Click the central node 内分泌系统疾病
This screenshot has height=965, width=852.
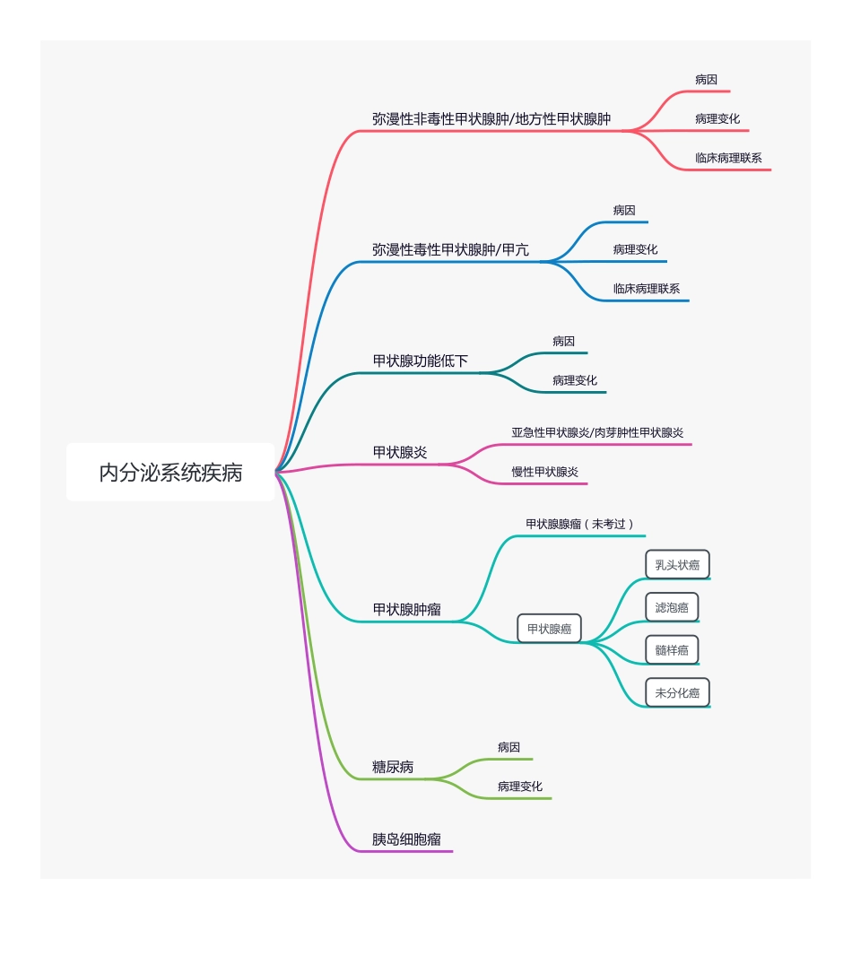click(x=170, y=473)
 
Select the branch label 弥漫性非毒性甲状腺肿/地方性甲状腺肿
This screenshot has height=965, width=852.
click(x=491, y=119)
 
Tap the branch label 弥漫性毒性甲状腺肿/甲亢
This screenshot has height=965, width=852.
click(x=450, y=250)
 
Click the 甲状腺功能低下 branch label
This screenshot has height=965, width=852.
click(x=420, y=361)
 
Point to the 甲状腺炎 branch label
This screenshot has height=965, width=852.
click(x=400, y=453)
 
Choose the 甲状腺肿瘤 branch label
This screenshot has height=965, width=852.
click(x=406, y=610)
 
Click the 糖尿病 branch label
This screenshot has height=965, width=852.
click(x=393, y=768)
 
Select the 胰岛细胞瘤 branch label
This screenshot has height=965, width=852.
click(x=406, y=840)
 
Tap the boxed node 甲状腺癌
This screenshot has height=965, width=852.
click(x=549, y=629)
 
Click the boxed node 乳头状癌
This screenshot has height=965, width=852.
click(x=677, y=565)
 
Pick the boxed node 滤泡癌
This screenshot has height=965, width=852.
click(x=672, y=607)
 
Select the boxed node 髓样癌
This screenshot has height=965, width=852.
click(x=672, y=650)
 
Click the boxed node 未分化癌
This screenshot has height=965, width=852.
click(x=677, y=693)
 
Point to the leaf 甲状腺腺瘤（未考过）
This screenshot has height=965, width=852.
click(x=580, y=524)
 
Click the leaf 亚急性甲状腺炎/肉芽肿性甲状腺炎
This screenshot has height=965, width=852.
click(x=597, y=432)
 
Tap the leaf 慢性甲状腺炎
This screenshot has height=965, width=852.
click(x=544, y=472)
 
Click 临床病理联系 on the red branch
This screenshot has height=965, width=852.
click(x=728, y=158)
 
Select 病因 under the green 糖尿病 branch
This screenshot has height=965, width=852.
click(x=509, y=747)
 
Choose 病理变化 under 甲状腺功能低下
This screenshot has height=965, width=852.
click(x=574, y=380)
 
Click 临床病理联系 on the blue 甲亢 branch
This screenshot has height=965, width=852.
click(x=646, y=289)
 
